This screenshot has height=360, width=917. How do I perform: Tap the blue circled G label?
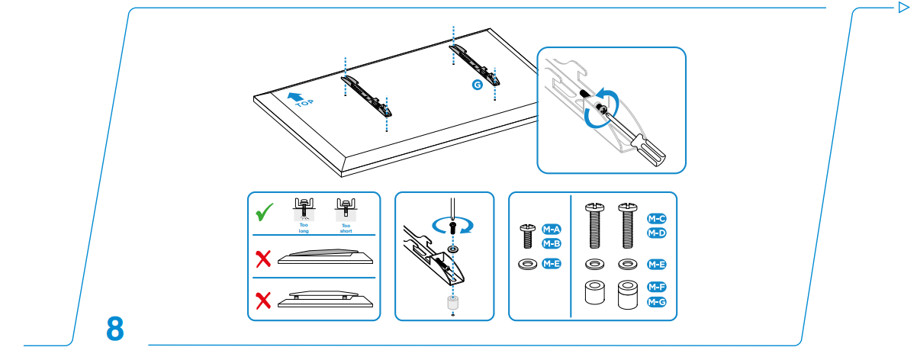478,85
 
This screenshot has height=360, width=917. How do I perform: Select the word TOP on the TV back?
304,104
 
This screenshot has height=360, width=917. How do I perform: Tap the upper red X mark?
263,259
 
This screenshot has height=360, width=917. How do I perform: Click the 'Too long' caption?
304,227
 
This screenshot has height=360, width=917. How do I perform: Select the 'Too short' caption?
346,227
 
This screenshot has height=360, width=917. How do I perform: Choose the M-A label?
552,230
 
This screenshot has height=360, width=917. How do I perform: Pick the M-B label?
552,243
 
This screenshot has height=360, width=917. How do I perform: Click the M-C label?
657,219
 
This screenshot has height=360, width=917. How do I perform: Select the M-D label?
657,233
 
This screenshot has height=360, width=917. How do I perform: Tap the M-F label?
657,288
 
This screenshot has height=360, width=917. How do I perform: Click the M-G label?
657,302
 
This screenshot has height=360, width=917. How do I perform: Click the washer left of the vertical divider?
526,265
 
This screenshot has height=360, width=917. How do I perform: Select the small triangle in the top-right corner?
903,8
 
